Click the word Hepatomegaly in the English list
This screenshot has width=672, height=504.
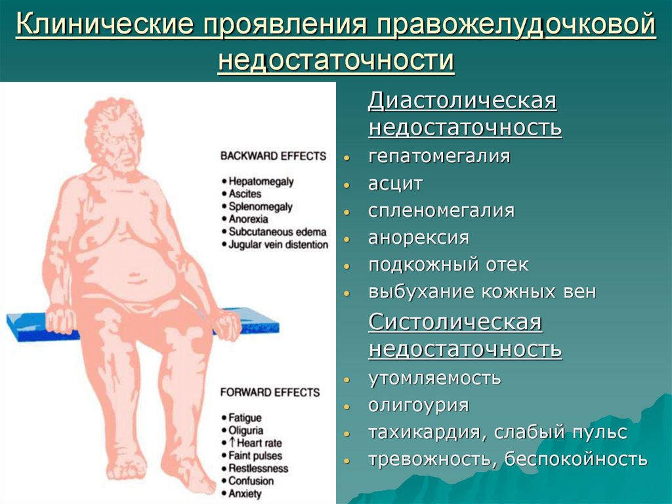tap(261, 181)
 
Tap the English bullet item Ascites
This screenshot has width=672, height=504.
tap(245, 194)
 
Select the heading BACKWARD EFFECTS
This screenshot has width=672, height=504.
tap(273, 156)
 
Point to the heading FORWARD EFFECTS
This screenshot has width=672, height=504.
tap(270, 392)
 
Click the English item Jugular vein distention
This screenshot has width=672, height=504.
tap(278, 244)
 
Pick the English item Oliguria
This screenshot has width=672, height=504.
tap(245, 430)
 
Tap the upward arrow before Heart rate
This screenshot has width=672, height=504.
tap(232, 443)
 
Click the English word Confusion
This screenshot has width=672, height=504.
tap(251, 481)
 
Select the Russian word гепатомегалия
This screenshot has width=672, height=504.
tap(439, 156)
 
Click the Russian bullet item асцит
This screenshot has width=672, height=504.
tap(396, 184)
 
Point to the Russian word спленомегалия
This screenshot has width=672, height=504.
tap(442, 211)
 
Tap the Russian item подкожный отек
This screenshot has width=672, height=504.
tap(448, 264)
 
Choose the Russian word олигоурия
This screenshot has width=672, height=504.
tap(419, 405)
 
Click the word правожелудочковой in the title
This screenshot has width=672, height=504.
tap(516, 24)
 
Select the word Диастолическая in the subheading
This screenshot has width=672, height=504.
tap(463, 101)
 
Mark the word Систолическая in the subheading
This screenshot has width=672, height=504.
tap(455, 322)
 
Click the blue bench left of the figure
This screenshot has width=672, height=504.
tap(26, 327)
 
